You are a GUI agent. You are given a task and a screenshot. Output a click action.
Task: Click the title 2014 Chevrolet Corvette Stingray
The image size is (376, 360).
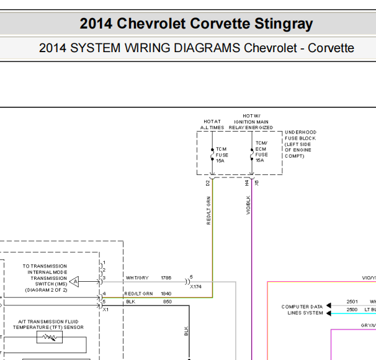(x=196, y=24)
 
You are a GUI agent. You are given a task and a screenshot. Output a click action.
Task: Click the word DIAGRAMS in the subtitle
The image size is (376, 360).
(x=207, y=48)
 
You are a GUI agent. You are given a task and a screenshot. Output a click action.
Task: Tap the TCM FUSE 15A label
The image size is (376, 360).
(x=222, y=155)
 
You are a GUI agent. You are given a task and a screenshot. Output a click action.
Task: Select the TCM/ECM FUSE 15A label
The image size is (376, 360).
(x=261, y=151)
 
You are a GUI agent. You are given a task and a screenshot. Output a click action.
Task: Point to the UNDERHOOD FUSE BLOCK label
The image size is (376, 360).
(x=300, y=144)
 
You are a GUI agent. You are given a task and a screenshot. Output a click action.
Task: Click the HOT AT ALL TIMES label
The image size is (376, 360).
(x=212, y=125)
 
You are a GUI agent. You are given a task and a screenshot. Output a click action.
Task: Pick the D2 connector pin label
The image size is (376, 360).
(x=208, y=183)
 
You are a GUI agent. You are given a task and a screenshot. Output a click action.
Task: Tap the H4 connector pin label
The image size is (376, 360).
(x=247, y=183)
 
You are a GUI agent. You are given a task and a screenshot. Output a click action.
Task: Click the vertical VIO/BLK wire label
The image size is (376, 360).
(x=248, y=205)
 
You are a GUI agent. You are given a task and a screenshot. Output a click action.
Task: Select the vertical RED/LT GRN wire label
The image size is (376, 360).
(x=208, y=210)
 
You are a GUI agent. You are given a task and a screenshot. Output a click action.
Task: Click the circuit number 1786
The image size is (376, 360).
(x=166, y=277)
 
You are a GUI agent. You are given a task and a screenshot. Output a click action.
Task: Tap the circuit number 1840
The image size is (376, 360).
(x=166, y=294)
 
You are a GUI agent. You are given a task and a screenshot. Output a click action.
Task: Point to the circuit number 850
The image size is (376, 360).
(x=168, y=302)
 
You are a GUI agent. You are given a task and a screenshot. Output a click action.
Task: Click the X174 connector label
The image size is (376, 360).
(x=195, y=287)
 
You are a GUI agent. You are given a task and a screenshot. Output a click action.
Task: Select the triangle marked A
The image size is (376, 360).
(x=74, y=281)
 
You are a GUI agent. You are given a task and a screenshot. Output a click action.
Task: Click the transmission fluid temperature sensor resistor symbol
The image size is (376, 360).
(x=50, y=337)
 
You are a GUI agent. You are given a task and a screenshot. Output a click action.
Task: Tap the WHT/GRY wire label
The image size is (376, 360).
(x=137, y=277)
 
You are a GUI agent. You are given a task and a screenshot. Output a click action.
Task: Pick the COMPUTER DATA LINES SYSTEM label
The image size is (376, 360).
(x=302, y=310)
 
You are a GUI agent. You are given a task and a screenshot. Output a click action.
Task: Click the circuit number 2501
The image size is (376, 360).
(x=352, y=302)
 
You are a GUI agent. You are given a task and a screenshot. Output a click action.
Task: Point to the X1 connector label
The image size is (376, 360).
(x=105, y=310)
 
